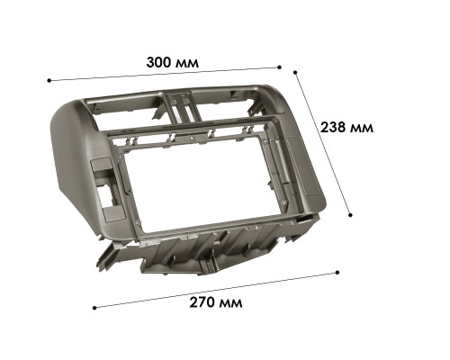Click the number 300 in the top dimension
(160, 63)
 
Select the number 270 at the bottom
(202, 302)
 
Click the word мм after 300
(188, 64)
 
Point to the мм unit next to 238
(361, 127)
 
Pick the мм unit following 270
(230, 302)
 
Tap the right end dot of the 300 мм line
(280, 67)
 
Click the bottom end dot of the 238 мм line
(350, 215)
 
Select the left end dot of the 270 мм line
(94, 306)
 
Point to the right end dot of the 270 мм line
(337, 271)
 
